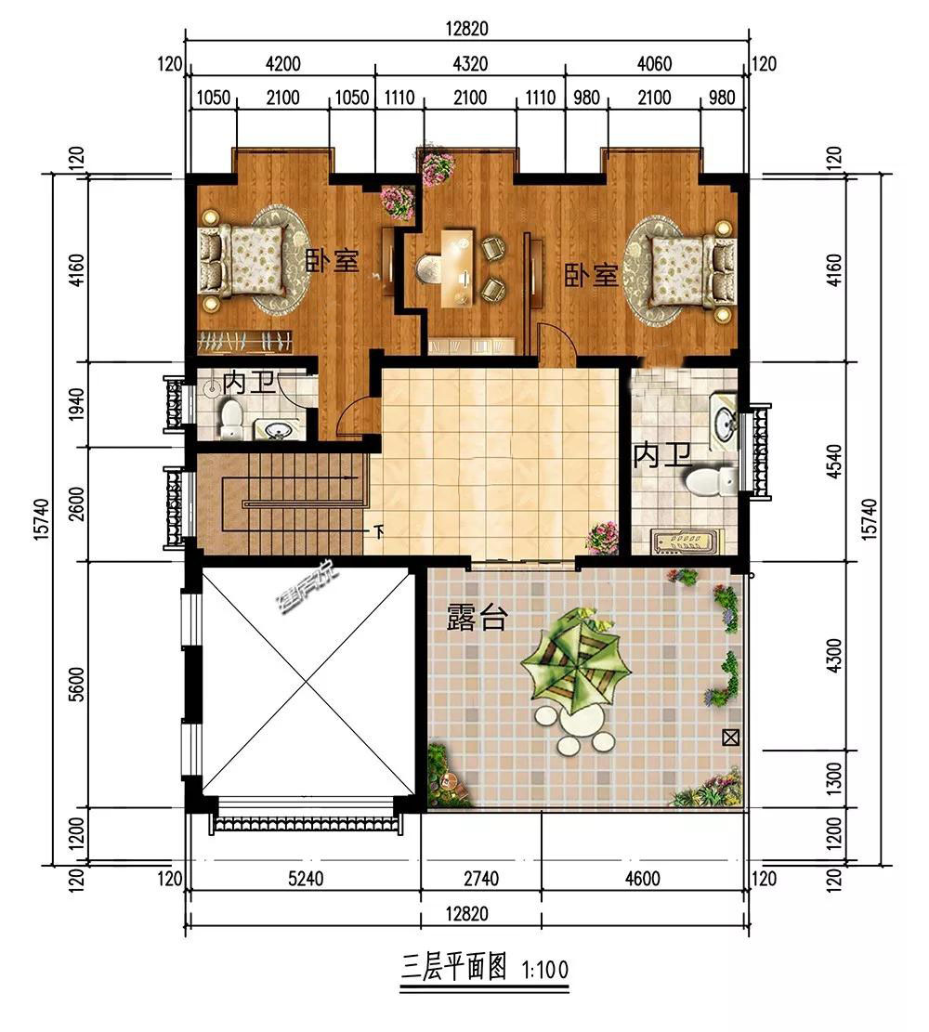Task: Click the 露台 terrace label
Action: pyautogui.click(x=477, y=618)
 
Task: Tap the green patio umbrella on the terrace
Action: pyautogui.click(x=576, y=662)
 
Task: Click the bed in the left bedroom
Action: pyautogui.click(x=243, y=259)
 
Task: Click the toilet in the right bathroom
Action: pyautogui.click(x=711, y=481)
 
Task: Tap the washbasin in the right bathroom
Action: pyautogui.click(x=726, y=420)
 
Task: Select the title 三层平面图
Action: pyautogui.click(x=453, y=968)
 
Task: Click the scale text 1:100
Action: pyautogui.click(x=545, y=970)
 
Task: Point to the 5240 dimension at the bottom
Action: pyautogui.click(x=306, y=878)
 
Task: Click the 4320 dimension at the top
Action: pyautogui.click(x=470, y=63)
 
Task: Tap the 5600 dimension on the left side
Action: pyautogui.click(x=77, y=684)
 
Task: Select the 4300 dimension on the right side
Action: pyautogui.click(x=833, y=656)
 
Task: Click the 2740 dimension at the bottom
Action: pyautogui.click(x=481, y=878)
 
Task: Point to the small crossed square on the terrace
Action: pyautogui.click(x=730, y=738)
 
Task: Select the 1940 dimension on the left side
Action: pyautogui.click(x=77, y=405)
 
